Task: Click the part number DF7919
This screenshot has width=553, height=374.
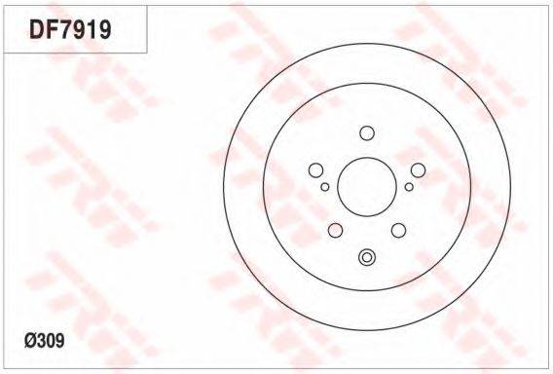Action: [x=70, y=29]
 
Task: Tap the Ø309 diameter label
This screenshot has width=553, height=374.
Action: [x=45, y=341]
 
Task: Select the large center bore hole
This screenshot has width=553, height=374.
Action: [x=367, y=187]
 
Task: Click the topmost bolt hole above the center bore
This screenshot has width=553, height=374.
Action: [x=367, y=133]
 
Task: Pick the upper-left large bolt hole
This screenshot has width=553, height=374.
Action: [x=315, y=170]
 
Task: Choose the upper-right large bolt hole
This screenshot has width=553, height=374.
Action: [x=418, y=170]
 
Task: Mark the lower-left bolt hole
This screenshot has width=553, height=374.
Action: [x=335, y=231]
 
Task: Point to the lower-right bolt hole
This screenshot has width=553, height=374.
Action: [x=398, y=231]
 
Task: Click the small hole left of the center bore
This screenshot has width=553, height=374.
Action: [x=325, y=187]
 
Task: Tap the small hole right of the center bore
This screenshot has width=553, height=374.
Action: [x=409, y=187]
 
